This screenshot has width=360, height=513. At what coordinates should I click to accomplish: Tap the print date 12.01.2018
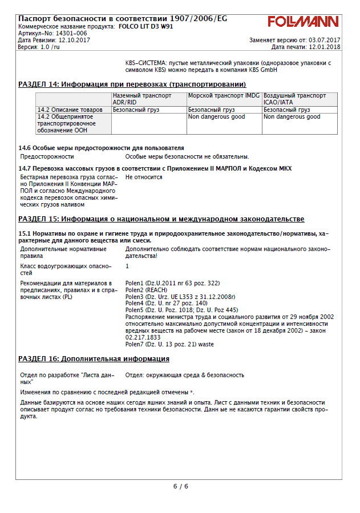point(323,47)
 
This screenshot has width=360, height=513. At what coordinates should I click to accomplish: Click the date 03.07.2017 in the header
point(324,40)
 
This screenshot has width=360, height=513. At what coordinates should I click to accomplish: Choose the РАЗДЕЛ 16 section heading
point(94,359)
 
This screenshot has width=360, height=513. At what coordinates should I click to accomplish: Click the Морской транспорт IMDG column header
point(224,96)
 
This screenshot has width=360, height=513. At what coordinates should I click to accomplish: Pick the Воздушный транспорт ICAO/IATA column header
point(294,99)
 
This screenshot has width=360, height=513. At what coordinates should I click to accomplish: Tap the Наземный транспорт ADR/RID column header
point(142,99)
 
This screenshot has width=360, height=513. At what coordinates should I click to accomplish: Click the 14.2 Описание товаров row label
point(70,110)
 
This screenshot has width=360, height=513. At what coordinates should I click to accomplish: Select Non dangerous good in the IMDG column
point(216,116)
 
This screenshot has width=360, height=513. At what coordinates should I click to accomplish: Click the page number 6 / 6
point(180,486)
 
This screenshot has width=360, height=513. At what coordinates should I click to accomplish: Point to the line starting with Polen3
point(180,297)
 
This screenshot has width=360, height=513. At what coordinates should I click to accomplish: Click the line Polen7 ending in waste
point(169,344)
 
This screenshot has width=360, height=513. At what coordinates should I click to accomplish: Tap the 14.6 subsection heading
point(101,148)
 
